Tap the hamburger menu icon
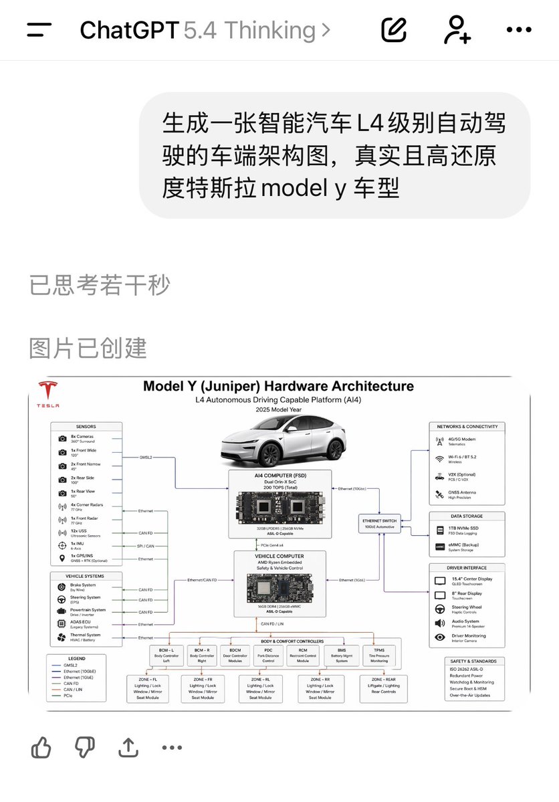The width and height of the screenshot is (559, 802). click(39, 30)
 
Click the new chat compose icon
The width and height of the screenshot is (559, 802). click(394, 29)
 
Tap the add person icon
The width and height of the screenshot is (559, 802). click(457, 29)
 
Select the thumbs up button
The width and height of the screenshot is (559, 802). click(41, 747)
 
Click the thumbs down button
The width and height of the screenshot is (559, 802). click(84, 747)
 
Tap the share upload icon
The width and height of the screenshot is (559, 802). click(128, 747)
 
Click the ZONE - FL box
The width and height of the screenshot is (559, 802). click(146, 688)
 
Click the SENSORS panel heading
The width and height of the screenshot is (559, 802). click(86, 426)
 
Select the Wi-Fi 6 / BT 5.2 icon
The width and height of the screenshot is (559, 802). click(439, 459)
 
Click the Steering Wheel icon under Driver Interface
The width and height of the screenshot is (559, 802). click(439, 609)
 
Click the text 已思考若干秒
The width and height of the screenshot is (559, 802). click(99, 285)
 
